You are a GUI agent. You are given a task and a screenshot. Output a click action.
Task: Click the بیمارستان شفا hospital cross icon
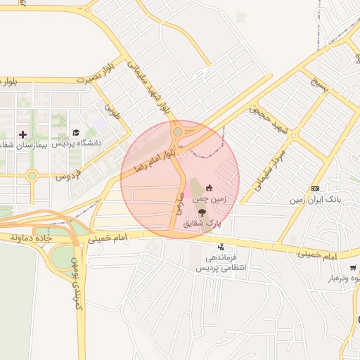[23, 134]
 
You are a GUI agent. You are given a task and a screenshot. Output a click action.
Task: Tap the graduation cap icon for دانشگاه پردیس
[76, 132]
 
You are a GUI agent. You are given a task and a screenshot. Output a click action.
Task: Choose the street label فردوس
[69, 172]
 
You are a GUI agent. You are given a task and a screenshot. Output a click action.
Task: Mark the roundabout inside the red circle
[177, 131]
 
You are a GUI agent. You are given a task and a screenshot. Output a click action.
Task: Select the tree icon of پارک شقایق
[202, 212]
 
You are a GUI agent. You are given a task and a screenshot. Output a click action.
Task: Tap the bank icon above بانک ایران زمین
[315, 188]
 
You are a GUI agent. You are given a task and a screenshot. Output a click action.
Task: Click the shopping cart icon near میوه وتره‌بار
[352, 268]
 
